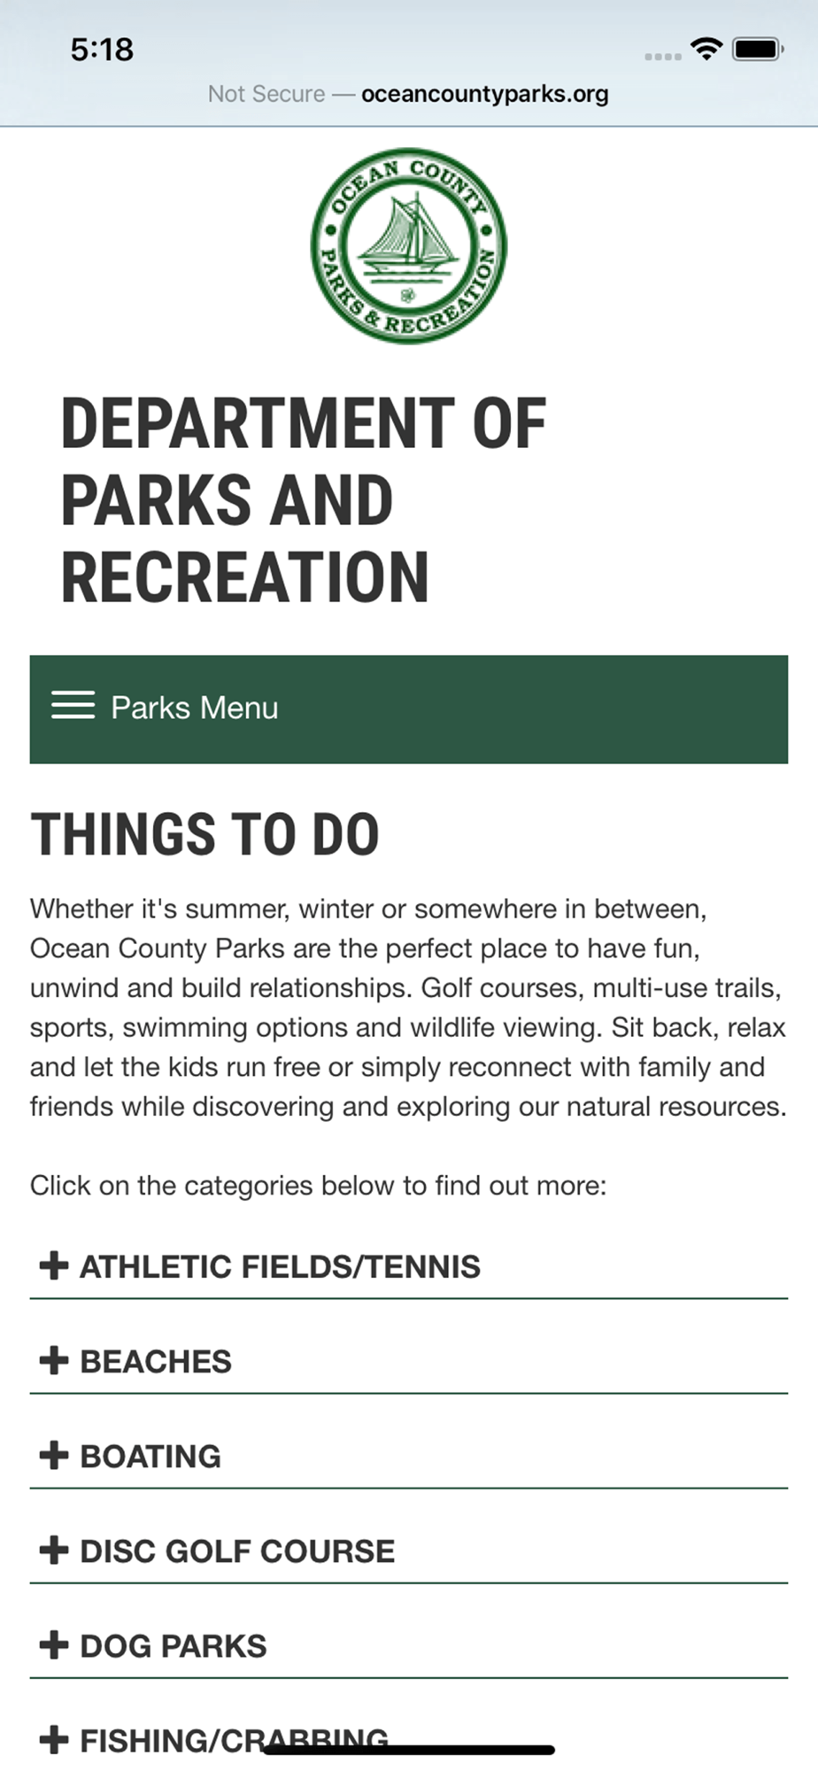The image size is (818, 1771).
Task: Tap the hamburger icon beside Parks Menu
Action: (73, 705)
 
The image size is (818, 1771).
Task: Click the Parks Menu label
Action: (195, 708)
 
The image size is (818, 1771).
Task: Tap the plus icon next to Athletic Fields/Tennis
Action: (54, 1265)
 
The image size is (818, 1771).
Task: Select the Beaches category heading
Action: (156, 1361)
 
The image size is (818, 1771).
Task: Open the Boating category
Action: (150, 1456)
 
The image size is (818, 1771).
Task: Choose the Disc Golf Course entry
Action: (237, 1551)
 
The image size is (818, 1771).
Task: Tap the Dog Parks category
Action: (174, 1645)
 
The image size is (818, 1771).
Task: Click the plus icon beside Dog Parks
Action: (54, 1644)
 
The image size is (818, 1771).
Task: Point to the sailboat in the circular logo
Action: (409, 232)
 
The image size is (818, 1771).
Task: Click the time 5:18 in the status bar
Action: (102, 50)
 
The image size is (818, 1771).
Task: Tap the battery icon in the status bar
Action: (758, 49)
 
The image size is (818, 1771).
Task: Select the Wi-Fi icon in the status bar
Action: (706, 48)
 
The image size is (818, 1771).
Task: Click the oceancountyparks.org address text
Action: (485, 94)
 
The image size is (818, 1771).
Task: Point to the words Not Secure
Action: (266, 94)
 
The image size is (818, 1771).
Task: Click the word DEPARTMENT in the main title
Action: (258, 423)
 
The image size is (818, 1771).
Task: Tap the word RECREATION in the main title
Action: (245, 576)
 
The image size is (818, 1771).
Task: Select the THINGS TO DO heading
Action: (205, 834)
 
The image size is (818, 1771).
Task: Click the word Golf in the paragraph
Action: (447, 987)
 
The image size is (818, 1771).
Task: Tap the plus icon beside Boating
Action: (54, 1455)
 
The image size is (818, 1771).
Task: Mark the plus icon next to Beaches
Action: (54, 1360)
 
